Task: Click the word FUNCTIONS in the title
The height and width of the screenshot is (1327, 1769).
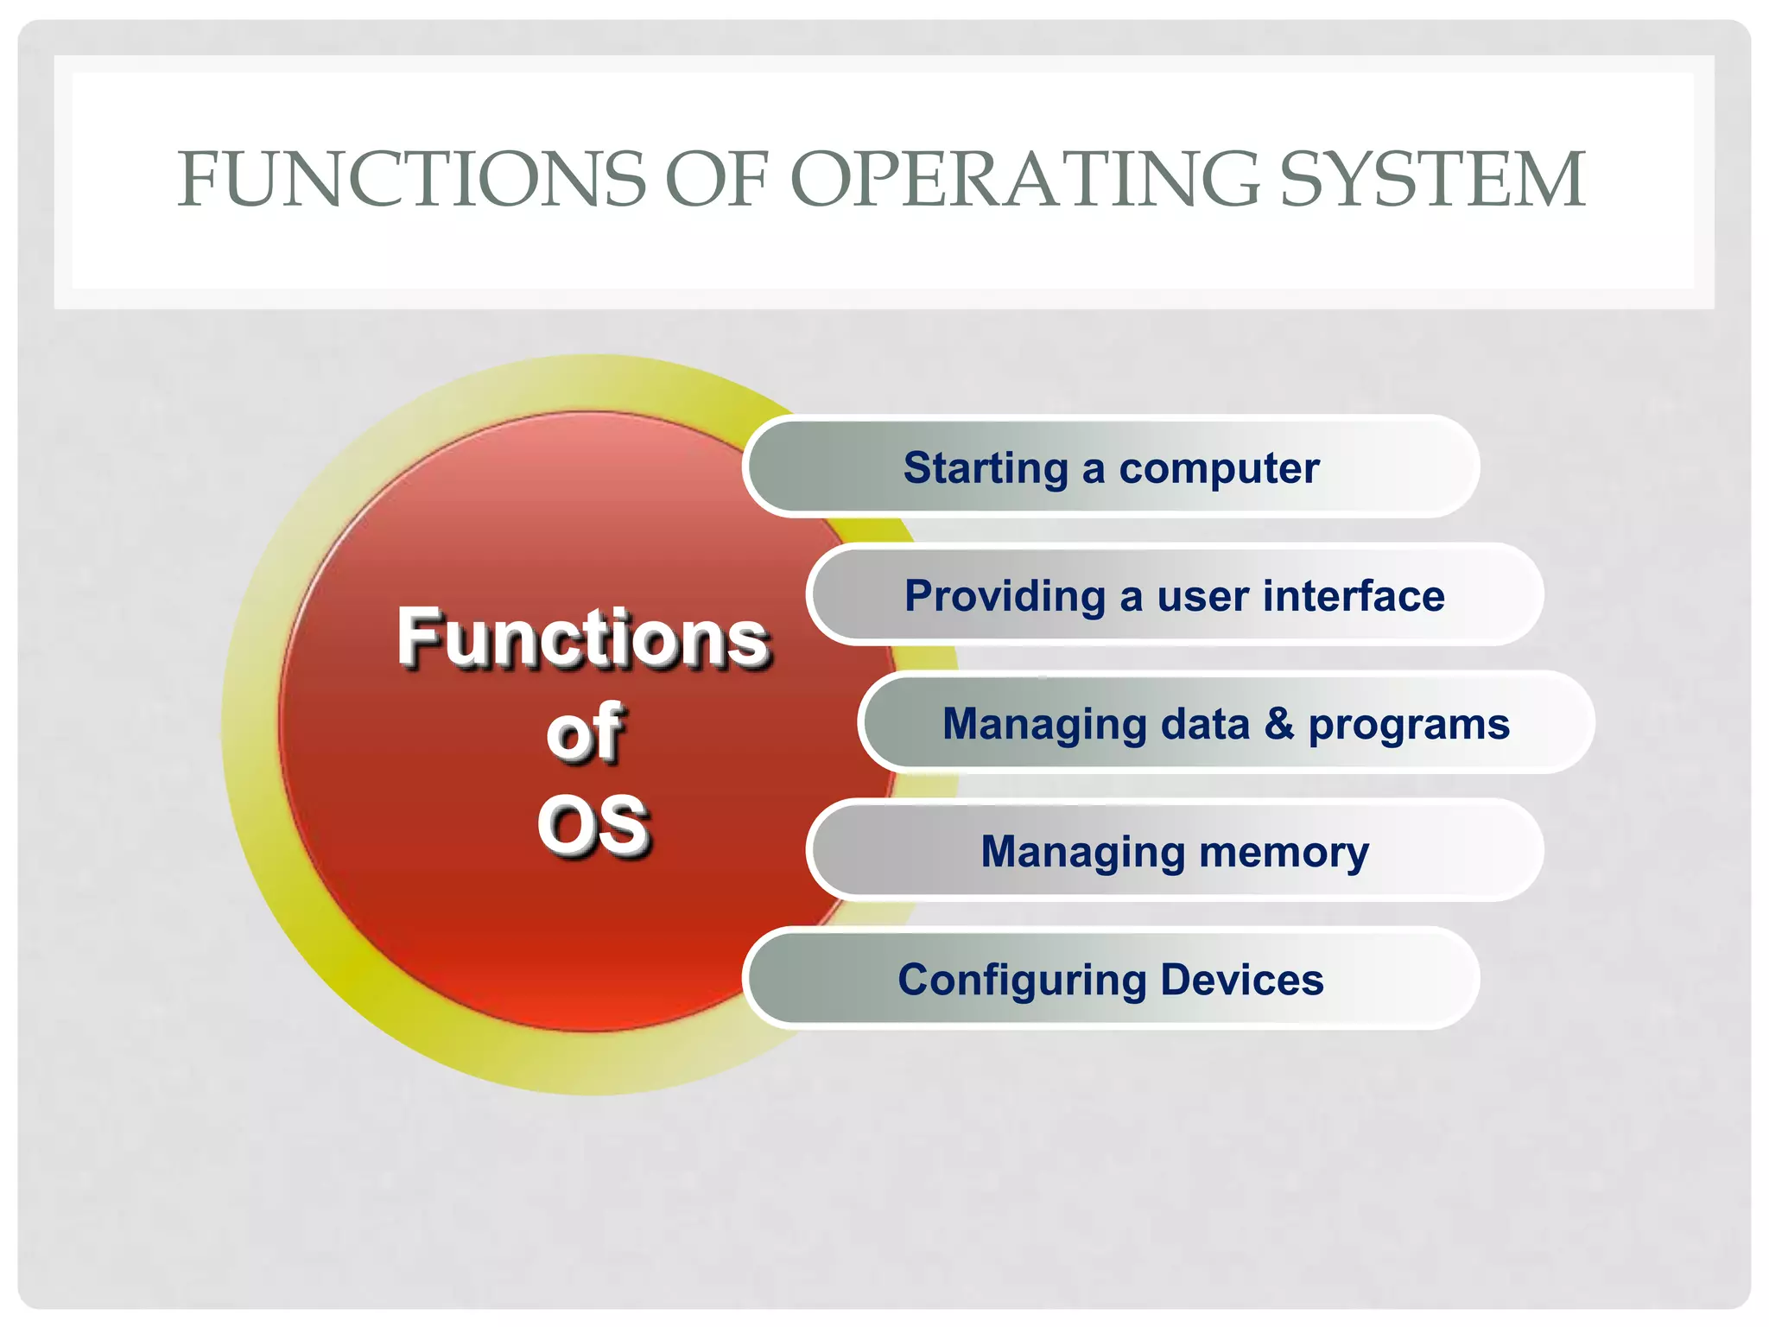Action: pos(411,180)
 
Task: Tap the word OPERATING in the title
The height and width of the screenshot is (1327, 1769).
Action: pos(1024,180)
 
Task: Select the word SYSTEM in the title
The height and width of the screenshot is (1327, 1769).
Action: pos(1432,180)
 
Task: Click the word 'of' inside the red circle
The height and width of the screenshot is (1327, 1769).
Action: pos(584,733)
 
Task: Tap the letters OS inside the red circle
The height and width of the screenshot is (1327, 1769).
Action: pos(593,826)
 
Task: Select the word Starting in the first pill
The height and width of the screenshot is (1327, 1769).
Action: pos(986,469)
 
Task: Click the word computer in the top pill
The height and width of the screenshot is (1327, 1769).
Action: pos(1219,469)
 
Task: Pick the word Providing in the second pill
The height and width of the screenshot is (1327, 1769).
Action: pos(1005,597)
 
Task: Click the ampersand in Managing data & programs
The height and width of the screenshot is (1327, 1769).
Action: pos(1278,724)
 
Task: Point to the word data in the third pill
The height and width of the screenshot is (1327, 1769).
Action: pos(1205,724)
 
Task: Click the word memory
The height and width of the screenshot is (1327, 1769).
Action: pos(1284,853)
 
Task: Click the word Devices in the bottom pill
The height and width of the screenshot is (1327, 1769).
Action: pos(1241,980)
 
